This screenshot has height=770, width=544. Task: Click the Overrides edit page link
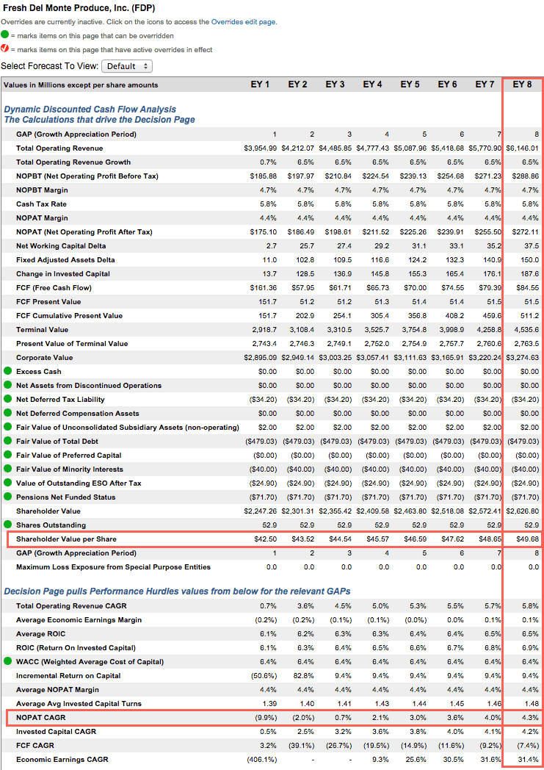pos(243,22)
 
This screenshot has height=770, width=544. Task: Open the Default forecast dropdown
pos(127,66)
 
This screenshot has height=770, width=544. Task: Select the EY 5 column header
pos(410,84)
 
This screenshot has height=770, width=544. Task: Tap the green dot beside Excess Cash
pos(8,371)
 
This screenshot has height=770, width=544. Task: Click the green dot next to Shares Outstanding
pos(8,525)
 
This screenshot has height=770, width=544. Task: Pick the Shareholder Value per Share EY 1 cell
pos(265,539)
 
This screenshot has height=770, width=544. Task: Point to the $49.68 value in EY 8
pos(527,539)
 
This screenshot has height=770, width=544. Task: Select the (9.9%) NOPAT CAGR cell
pos(266,717)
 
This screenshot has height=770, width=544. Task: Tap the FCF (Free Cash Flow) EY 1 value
pos(264,288)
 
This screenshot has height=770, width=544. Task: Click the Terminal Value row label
pos(42,329)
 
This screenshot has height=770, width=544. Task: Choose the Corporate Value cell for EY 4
pos(372,358)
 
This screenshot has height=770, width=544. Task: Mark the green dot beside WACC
pos(8,661)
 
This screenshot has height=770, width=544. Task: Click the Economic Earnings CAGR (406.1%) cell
pos(262,760)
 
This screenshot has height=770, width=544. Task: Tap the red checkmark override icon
pos(5,48)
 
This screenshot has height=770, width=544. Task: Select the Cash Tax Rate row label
pos(41,204)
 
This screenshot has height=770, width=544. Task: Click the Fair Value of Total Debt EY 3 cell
pos(337,442)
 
